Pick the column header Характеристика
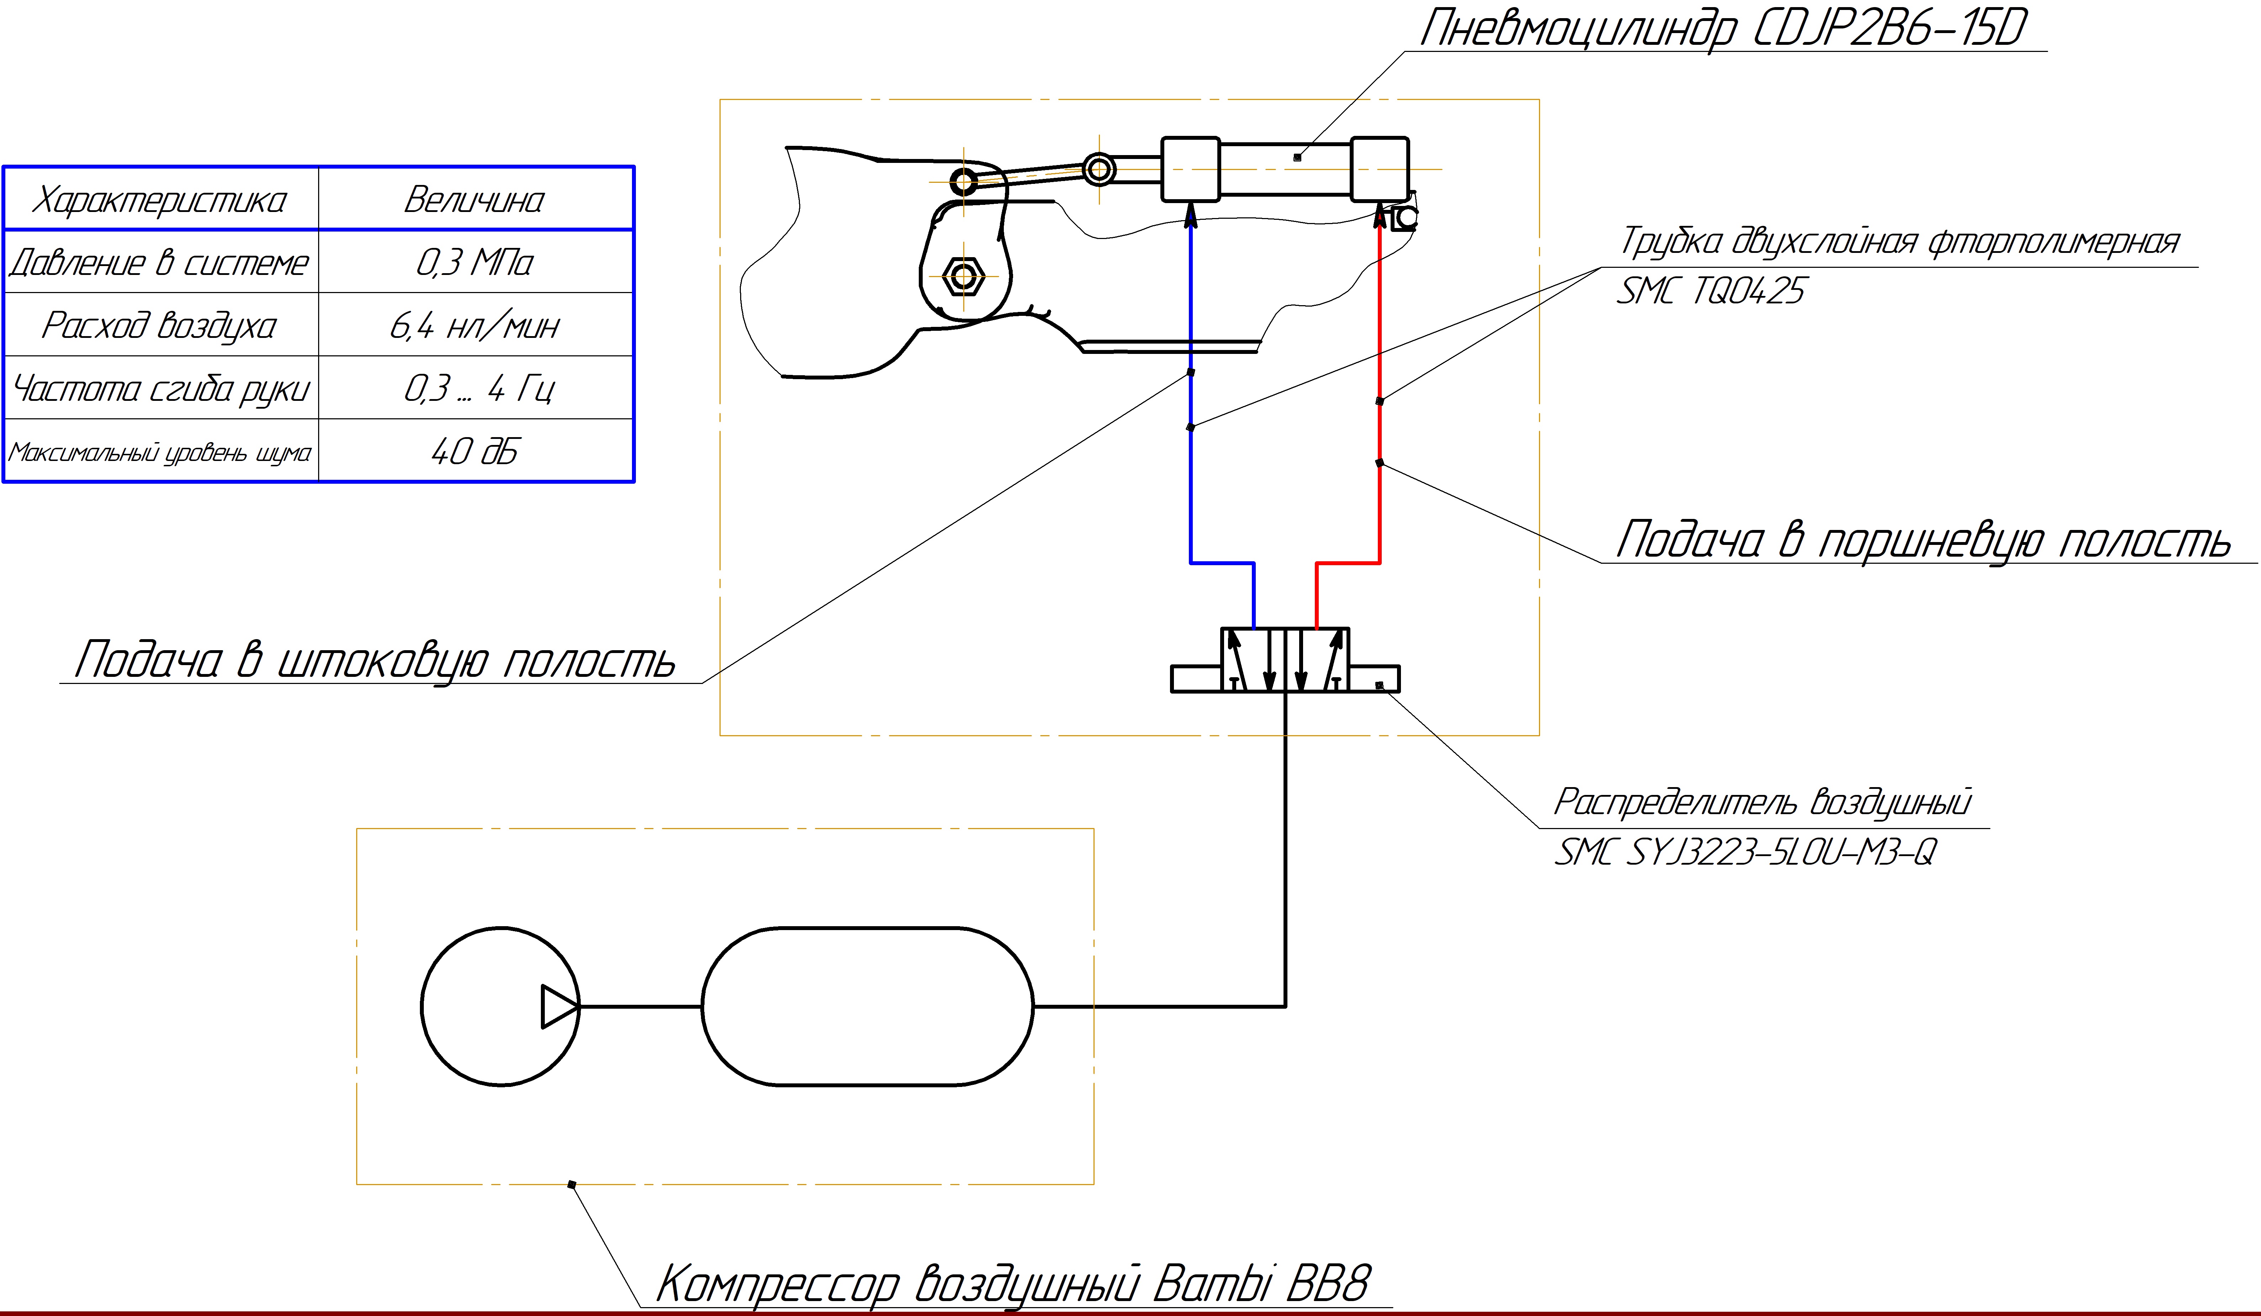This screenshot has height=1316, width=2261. (160, 199)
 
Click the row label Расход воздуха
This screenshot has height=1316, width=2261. (160, 325)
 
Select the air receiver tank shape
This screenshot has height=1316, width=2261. (867, 1007)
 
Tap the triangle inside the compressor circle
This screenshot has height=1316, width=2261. (558, 1007)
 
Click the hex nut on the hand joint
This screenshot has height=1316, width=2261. (963, 275)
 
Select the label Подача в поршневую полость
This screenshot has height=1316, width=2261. (1920, 540)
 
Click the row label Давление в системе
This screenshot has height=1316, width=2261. (160, 262)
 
